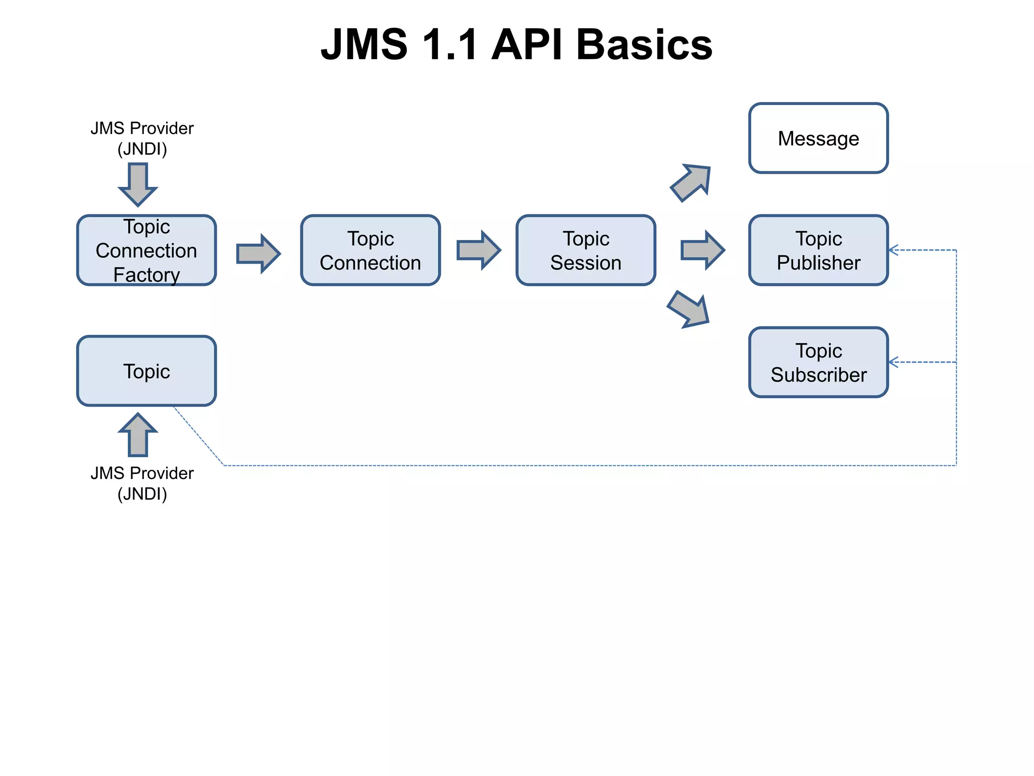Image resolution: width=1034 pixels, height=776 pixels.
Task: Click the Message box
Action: (x=818, y=138)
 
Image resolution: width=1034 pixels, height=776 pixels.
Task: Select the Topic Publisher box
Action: (x=818, y=250)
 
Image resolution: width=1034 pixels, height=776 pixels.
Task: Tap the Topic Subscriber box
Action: (x=818, y=362)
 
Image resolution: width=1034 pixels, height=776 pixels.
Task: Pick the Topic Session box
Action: (x=586, y=250)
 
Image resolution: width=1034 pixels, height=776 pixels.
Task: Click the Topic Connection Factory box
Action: (x=146, y=250)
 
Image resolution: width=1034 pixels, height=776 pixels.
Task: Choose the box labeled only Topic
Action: (x=146, y=371)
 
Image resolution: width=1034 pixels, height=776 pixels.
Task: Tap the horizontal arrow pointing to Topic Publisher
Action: (x=702, y=250)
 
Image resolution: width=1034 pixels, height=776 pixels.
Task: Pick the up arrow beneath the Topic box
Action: (x=138, y=435)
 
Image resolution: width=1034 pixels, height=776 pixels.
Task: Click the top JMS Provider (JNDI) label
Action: (x=142, y=138)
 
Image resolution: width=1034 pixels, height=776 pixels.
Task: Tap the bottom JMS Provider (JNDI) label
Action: (x=142, y=483)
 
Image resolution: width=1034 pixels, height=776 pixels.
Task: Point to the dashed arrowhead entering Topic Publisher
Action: (x=893, y=250)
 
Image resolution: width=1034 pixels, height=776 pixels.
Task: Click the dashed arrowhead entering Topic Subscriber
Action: (x=893, y=362)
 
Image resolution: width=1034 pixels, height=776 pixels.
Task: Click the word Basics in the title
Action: (x=644, y=44)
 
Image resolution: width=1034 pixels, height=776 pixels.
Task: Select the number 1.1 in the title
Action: (x=449, y=44)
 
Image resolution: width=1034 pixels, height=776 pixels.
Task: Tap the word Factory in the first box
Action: (x=146, y=275)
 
